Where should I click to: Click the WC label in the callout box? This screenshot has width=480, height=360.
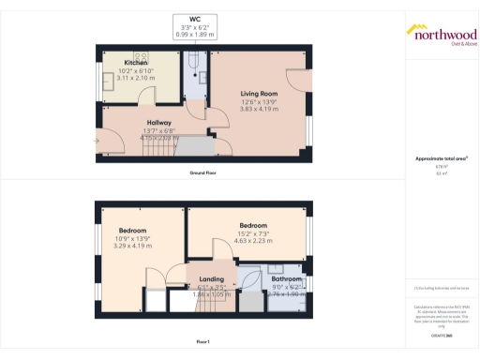[196, 20]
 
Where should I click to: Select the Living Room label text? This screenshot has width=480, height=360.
[259, 93]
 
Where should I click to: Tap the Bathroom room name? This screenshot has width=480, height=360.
[287, 279]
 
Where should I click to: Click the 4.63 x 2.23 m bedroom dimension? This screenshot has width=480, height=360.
[254, 241]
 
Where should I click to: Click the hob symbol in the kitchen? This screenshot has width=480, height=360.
[143, 56]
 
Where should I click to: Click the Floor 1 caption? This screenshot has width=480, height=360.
[203, 342]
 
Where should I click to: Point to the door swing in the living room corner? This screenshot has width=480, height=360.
[301, 85]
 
